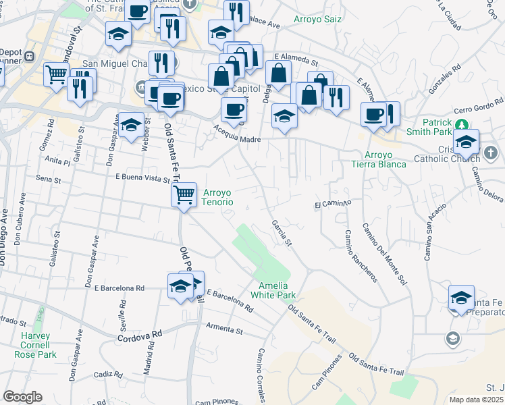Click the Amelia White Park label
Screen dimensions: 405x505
coord(273,290)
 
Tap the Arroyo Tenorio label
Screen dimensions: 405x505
coord(218,197)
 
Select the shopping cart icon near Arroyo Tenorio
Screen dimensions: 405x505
coord(184,195)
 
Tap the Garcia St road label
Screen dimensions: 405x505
coord(281,232)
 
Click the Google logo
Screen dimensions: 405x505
coord(22,396)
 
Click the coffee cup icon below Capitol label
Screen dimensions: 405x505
coord(234,109)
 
